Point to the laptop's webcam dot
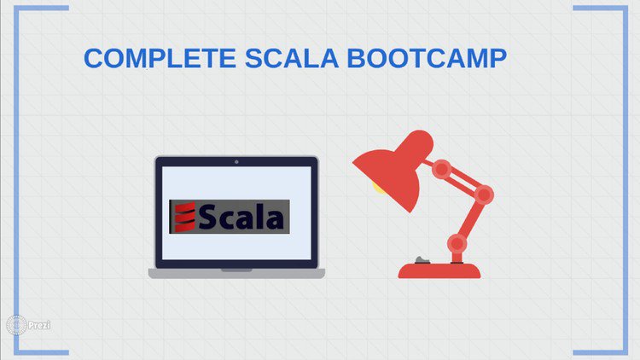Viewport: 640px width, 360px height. click(x=236, y=161)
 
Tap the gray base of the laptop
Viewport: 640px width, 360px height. click(x=236, y=274)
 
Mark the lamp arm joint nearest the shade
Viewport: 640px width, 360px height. click(x=441, y=169)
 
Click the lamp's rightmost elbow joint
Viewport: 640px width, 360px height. click(x=484, y=195)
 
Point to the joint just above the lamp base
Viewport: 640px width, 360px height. click(x=457, y=243)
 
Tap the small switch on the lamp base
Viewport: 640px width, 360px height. click(x=419, y=259)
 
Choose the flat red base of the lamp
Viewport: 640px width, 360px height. click(x=440, y=270)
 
